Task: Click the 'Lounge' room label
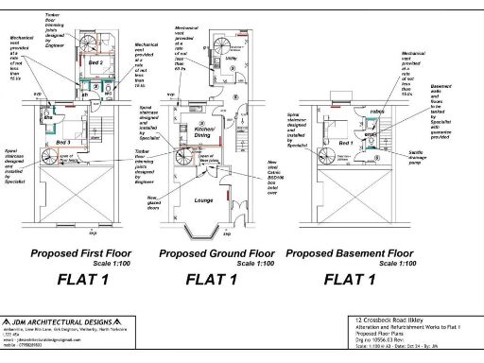(201, 200)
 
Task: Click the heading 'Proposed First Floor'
(82, 253)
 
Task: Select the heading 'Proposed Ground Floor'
(216, 253)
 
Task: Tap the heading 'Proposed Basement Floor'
(349, 253)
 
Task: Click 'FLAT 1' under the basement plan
(350, 279)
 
